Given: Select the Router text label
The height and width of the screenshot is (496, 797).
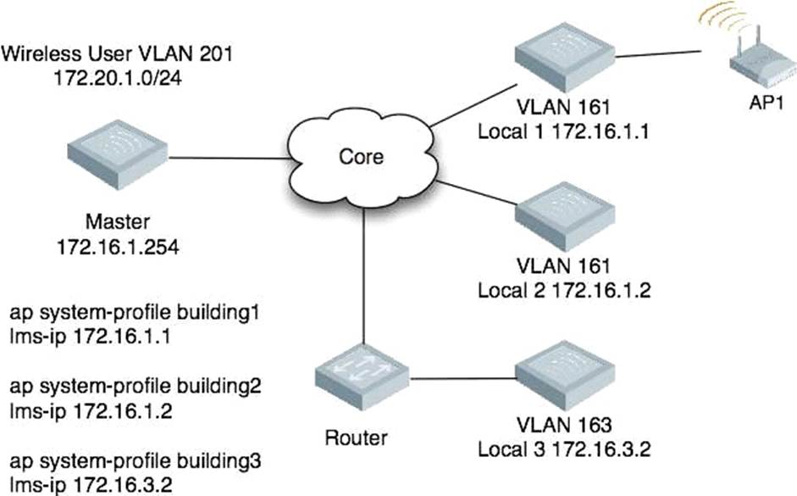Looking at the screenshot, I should pos(356,437).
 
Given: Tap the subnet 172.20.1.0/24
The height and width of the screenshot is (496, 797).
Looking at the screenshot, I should pos(118,77).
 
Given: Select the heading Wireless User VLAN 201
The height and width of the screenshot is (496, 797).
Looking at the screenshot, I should pos(117,55).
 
